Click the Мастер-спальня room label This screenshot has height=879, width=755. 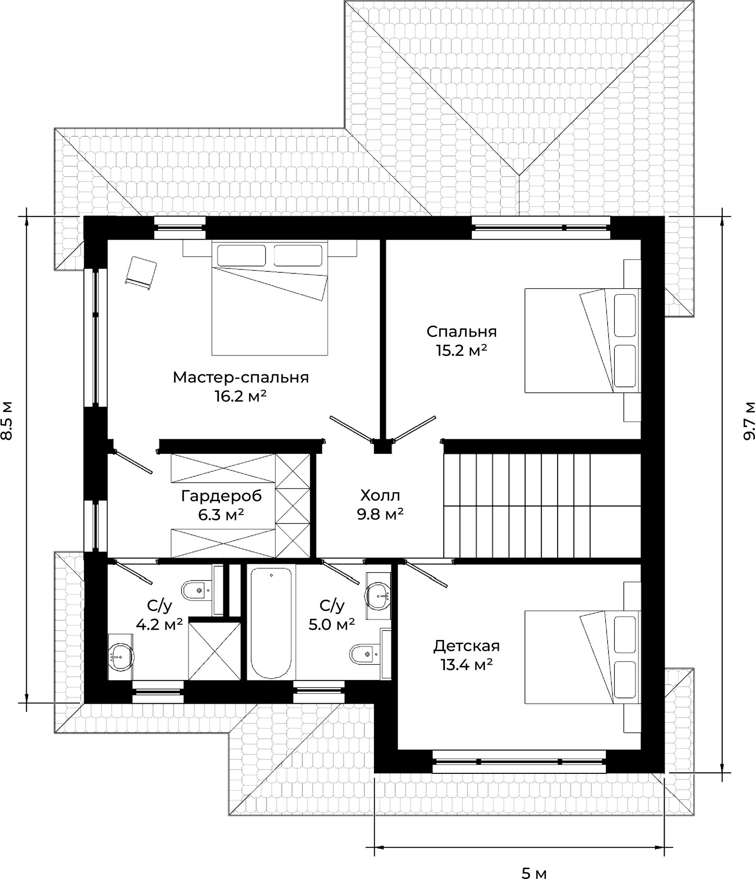[241, 377]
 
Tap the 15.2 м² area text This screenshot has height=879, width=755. [462, 351]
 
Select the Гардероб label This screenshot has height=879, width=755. [221, 496]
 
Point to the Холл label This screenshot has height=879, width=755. [380, 496]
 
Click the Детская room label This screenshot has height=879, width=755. [466, 646]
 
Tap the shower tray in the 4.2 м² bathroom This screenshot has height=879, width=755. [215, 650]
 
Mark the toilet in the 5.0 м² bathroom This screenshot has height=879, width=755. [365, 653]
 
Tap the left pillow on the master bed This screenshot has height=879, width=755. [242, 255]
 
